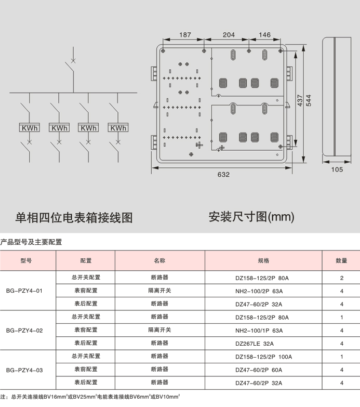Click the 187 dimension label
(185, 34)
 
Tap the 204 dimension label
(229, 34)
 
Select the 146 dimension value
(264, 34)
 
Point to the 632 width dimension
(223, 175)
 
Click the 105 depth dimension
(337, 169)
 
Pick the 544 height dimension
(309, 100)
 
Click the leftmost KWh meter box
(29, 128)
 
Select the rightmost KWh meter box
(118, 128)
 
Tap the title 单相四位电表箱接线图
(74, 217)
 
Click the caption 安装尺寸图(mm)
(251, 217)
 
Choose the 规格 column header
(263, 260)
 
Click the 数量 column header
(341, 260)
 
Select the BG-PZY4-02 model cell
(24, 331)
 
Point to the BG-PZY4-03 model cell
(24, 370)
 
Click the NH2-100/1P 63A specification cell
(259, 331)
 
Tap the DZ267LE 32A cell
(255, 344)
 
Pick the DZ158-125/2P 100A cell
(263, 357)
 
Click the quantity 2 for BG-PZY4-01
(342, 278)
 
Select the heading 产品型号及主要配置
(31, 242)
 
